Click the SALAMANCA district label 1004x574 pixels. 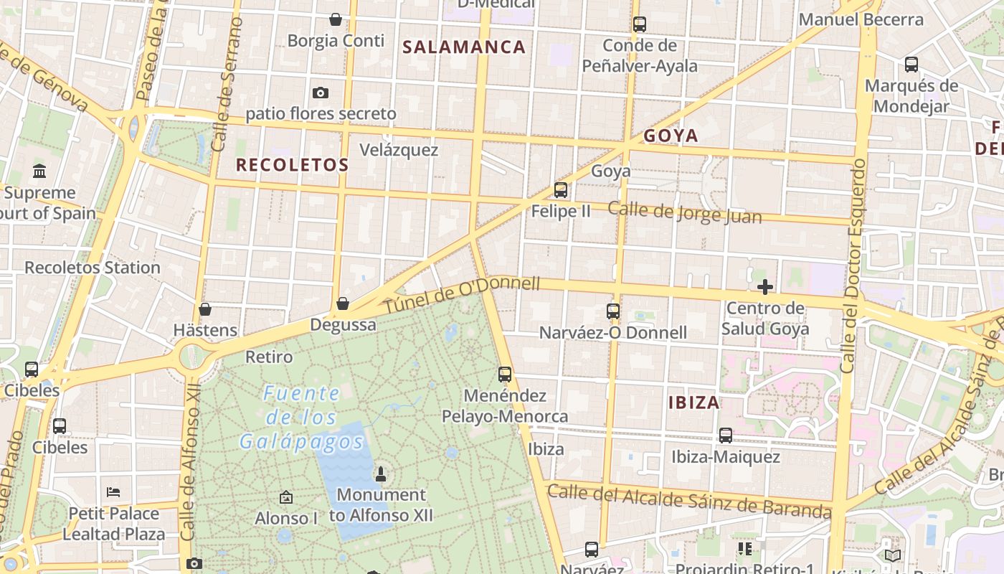click(464, 47)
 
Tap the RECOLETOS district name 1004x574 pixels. click(292, 165)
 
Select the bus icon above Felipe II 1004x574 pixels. click(561, 190)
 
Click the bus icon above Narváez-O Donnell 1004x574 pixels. click(613, 311)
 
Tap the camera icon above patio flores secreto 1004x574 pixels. click(321, 93)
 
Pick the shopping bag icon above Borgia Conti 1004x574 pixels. click(335, 19)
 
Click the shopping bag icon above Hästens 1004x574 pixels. click(205, 309)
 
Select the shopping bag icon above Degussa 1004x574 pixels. click(343, 304)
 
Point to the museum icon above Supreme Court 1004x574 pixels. click(39, 171)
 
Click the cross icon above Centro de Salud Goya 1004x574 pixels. click(765, 288)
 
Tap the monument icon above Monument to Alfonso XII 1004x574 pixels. click(381, 474)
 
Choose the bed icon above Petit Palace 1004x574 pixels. click(113, 492)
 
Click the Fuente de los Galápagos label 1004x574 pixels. click(301, 418)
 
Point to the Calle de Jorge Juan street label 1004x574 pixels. click(685, 212)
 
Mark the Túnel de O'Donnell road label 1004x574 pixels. click(463, 294)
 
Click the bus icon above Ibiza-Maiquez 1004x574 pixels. click(726, 436)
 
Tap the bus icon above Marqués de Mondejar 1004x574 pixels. click(911, 65)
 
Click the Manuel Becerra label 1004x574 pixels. click(861, 19)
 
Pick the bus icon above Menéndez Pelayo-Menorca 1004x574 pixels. click(505, 375)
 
